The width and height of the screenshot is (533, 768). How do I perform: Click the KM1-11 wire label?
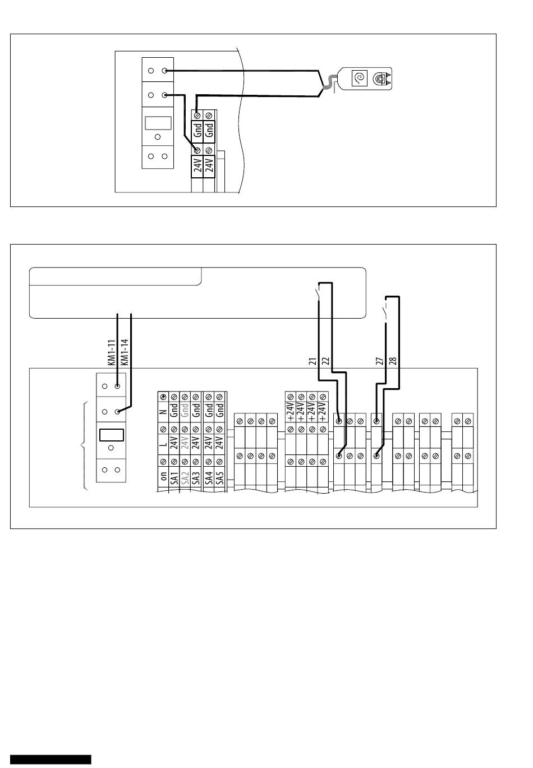111,352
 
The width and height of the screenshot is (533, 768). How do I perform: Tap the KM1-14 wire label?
124,352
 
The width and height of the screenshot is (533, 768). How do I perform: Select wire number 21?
313,361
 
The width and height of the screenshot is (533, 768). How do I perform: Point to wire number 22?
325,361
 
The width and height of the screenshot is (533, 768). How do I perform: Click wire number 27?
379,361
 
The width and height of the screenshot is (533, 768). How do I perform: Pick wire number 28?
393,361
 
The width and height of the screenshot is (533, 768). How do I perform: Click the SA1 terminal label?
174,478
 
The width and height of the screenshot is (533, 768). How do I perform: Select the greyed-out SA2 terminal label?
185,478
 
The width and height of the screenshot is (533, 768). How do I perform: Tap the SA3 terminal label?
196,478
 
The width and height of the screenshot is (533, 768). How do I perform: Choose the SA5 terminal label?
220,478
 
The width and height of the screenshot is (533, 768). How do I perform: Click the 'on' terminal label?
164,476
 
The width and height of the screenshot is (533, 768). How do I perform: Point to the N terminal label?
164,412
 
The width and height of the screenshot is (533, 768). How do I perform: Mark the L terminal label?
164,444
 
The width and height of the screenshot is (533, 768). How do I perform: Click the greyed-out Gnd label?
185,411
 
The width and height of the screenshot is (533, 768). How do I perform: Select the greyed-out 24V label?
185,443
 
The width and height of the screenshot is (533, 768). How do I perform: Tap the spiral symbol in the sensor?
359,79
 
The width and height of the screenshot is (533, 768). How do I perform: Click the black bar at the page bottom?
50,760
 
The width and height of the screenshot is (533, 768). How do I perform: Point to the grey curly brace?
84,446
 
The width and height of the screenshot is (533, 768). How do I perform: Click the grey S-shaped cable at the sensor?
329,83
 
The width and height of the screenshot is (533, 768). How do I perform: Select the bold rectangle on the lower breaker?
111,435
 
